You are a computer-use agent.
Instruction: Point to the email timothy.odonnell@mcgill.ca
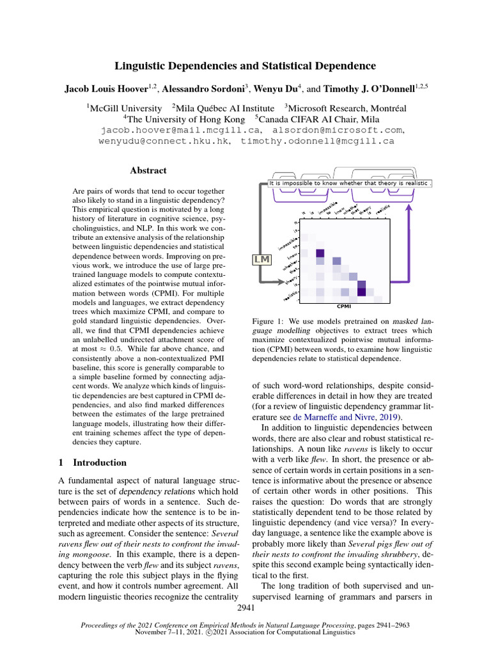pos(317,141)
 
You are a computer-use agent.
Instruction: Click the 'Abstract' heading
pos(148,170)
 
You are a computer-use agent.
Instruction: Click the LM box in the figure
pos(262,259)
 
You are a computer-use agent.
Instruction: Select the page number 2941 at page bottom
pos(245,606)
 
